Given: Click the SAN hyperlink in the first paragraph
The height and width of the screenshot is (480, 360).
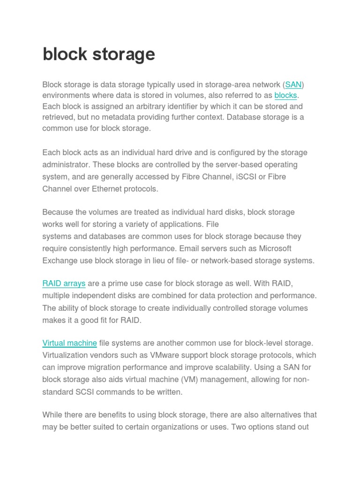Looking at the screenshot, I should [x=293, y=85].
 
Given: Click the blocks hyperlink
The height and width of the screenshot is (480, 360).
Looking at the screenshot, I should [x=285, y=96].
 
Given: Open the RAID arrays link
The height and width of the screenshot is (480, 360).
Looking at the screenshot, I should [x=64, y=284].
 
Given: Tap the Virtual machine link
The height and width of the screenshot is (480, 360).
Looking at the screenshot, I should [x=69, y=343].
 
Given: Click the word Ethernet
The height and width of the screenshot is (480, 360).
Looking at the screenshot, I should [x=101, y=189].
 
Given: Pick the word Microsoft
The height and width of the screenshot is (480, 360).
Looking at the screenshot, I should [x=275, y=248].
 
